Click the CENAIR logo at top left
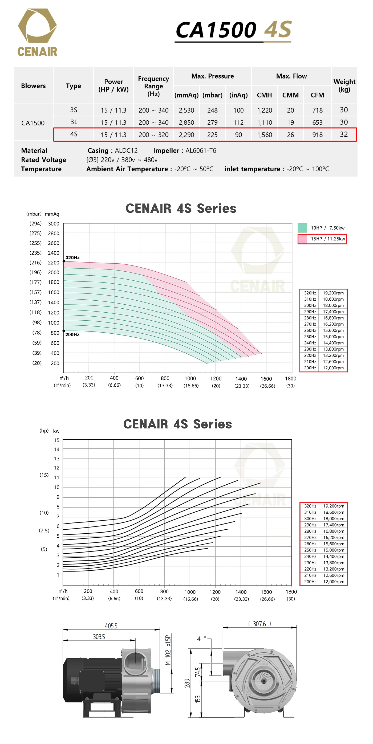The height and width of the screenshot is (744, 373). pos(37,32)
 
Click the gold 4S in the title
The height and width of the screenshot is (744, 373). pos(277,30)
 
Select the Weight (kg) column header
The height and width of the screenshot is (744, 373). pos(344,85)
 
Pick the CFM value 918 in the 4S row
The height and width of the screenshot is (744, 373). pos(317,135)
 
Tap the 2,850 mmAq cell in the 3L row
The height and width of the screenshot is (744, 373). pos(186,122)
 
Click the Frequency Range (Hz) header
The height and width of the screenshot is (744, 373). pos(153,86)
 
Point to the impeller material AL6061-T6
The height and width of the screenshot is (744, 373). pos(201,150)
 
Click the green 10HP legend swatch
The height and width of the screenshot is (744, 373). pos(302,228)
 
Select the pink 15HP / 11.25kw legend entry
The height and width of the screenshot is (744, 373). pos(328,239)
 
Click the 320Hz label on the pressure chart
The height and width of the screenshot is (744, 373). pos(72,257)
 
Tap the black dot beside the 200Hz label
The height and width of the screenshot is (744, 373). pos(64,331)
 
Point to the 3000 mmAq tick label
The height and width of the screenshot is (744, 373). pos(54,224)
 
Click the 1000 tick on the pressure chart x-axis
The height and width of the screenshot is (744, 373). pos(190,378)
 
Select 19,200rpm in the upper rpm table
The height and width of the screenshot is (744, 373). pos(333,293)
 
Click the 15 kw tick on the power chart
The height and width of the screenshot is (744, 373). pos(57,440)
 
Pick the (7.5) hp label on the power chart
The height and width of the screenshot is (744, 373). pos(44,530)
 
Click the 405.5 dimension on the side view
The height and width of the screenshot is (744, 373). pos(111,626)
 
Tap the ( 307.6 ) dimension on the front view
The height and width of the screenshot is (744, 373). pos(260,624)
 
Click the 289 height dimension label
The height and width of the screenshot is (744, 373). pos(187,683)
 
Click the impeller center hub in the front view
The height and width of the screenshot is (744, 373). pos(263,681)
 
